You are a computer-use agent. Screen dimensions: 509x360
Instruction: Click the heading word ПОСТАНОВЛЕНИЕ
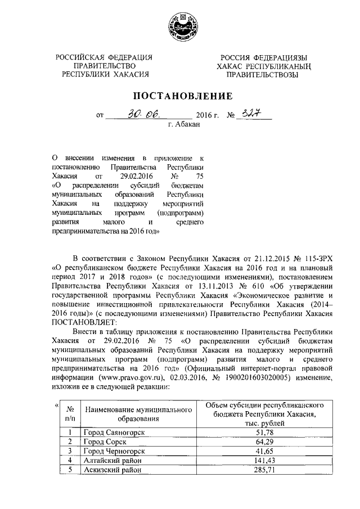(179, 96)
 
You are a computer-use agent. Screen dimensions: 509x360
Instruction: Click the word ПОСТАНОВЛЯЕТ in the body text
(84, 322)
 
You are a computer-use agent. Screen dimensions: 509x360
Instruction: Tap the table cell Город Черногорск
(115, 451)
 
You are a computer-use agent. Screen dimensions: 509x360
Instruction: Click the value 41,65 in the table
(264, 451)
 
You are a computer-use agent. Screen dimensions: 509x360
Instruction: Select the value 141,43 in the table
(264, 461)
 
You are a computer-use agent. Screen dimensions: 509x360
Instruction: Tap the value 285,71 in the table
(264, 470)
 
